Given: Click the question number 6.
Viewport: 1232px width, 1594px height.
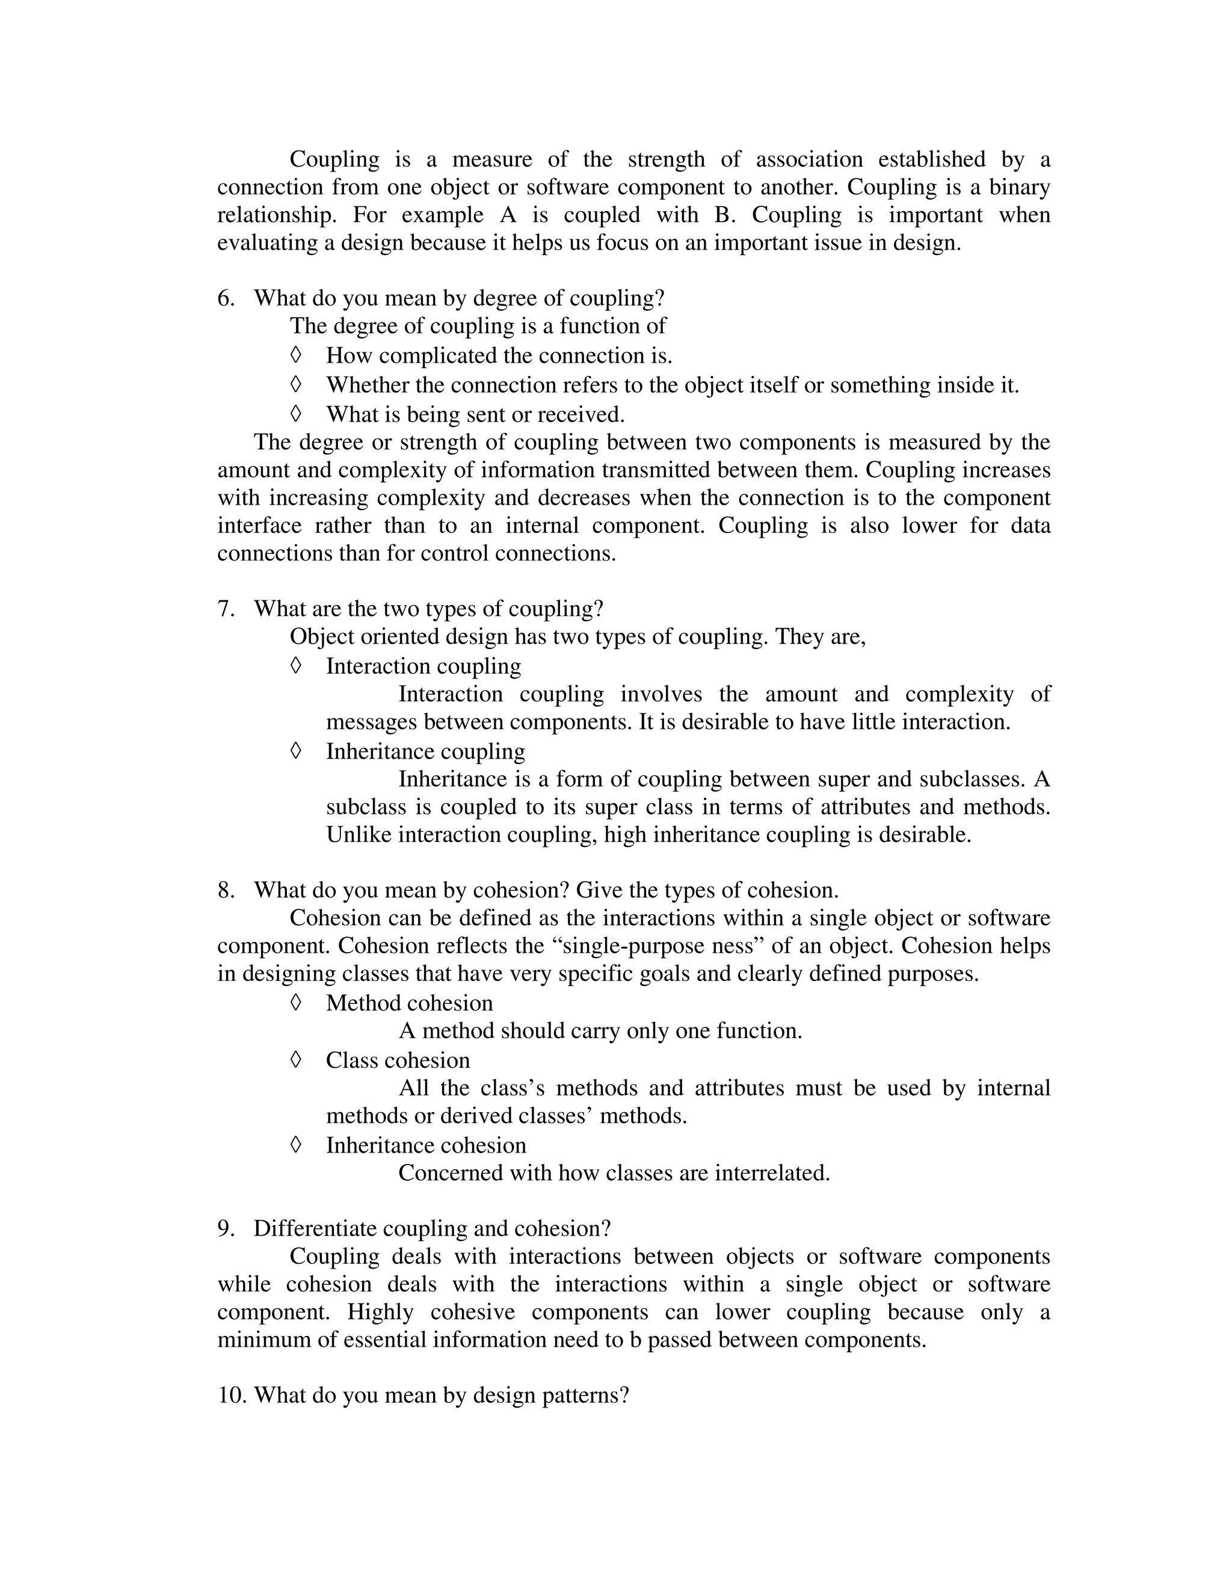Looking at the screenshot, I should point(225,298).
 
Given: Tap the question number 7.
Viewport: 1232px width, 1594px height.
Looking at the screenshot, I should point(225,609).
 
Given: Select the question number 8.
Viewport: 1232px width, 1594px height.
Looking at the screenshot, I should point(225,890).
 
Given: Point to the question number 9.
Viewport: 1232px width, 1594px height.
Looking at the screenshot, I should point(225,1228).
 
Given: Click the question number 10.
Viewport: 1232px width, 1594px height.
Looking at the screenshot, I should point(232,1396).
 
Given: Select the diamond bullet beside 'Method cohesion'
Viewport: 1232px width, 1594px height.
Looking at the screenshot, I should point(295,1002).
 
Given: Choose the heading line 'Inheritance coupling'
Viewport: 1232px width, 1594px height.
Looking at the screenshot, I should point(425,751).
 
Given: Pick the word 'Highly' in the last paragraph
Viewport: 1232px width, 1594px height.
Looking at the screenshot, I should point(380,1312).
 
